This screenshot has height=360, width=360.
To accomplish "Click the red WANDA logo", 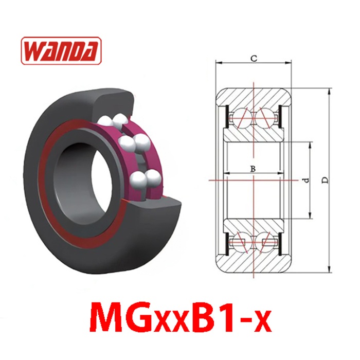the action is pyautogui.click(x=61, y=50).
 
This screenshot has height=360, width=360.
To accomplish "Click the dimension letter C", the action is pyautogui.click(x=254, y=59).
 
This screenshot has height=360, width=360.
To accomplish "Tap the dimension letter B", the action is pyautogui.click(x=253, y=169).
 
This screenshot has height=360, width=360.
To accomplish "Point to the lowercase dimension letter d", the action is pyautogui.click(x=307, y=180).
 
